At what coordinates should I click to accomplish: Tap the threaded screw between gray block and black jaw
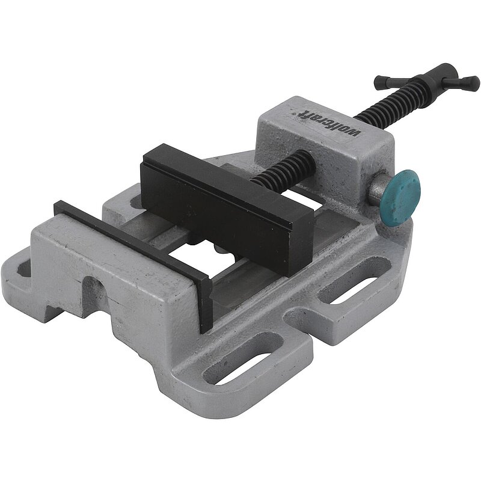284,168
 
